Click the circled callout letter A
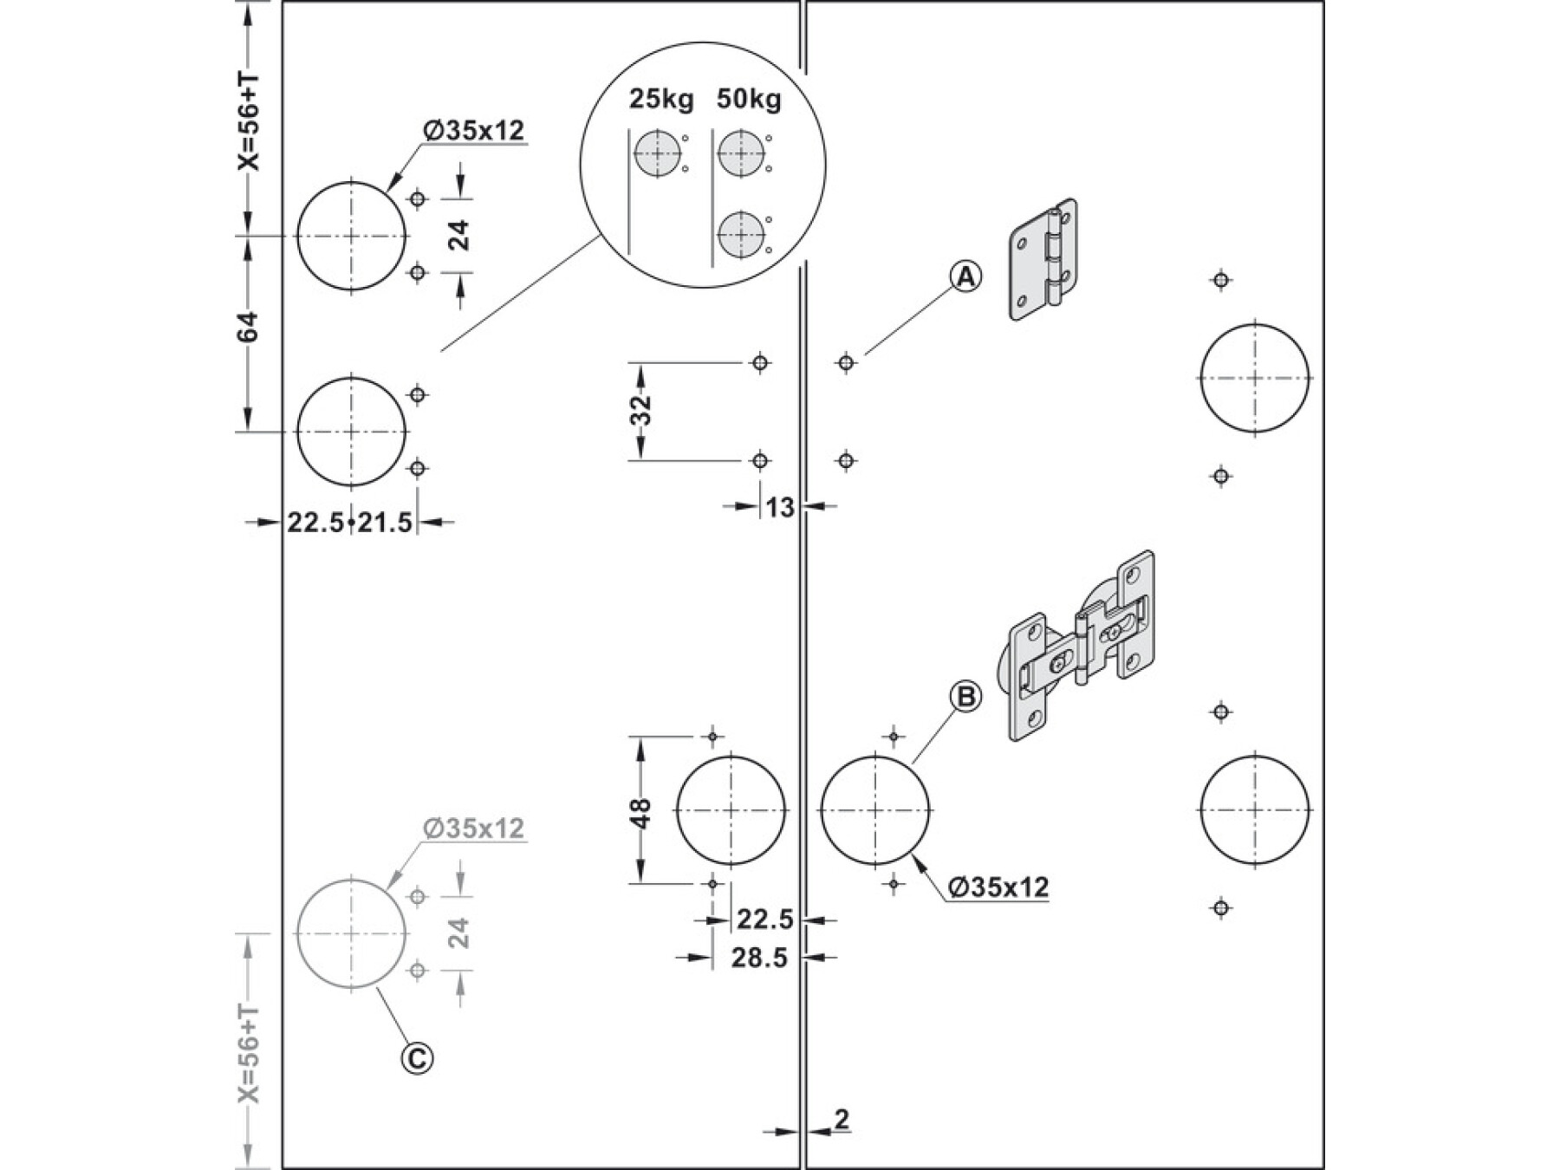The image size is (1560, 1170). [x=965, y=277]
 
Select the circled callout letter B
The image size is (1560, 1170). [x=965, y=696]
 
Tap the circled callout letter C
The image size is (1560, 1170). [x=417, y=1057]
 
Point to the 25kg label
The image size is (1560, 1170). [x=661, y=100]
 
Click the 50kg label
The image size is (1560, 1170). [x=749, y=100]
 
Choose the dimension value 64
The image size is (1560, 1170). [x=248, y=327]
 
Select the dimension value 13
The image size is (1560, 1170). [x=780, y=507]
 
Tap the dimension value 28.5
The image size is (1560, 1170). [x=759, y=958]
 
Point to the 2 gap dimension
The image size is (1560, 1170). [x=842, y=1119]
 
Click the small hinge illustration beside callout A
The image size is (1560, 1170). [x=1043, y=260]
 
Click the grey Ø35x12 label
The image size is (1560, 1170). [x=474, y=829]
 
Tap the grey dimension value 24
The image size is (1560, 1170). [x=458, y=933]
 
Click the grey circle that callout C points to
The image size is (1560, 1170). [x=351, y=933]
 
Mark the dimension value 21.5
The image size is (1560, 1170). [x=385, y=523]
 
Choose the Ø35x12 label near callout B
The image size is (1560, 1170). [x=999, y=887]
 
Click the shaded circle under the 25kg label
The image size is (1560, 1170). [x=657, y=154]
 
